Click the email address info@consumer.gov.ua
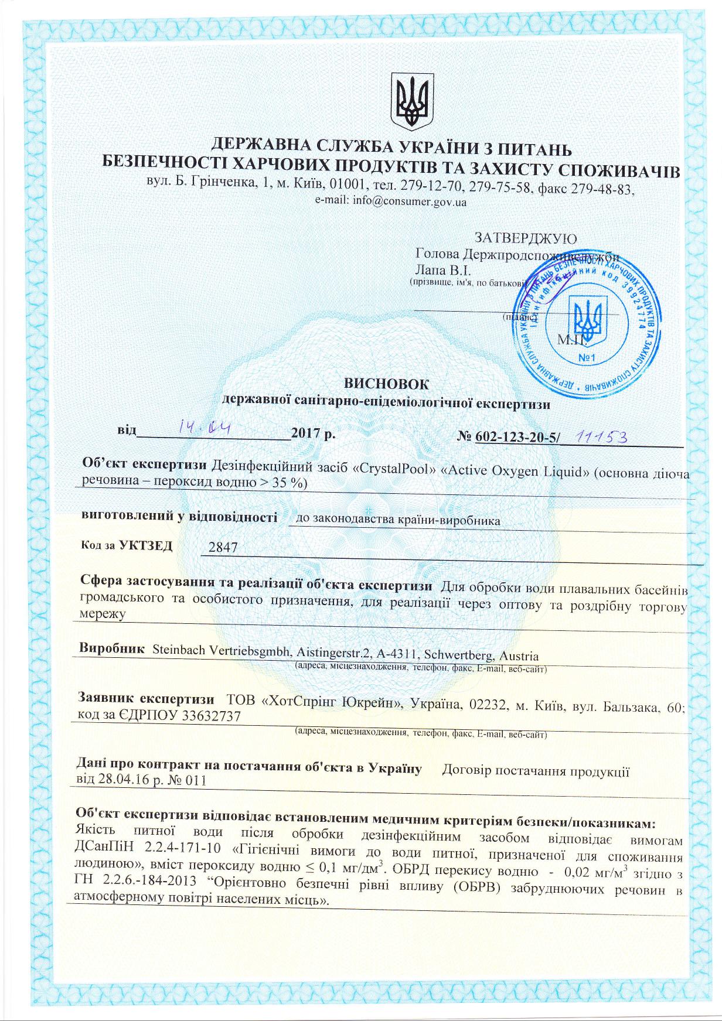point(391,202)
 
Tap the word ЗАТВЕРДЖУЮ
point(525,239)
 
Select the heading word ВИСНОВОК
point(386,384)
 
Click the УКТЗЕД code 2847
point(219,548)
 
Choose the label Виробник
point(111,649)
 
